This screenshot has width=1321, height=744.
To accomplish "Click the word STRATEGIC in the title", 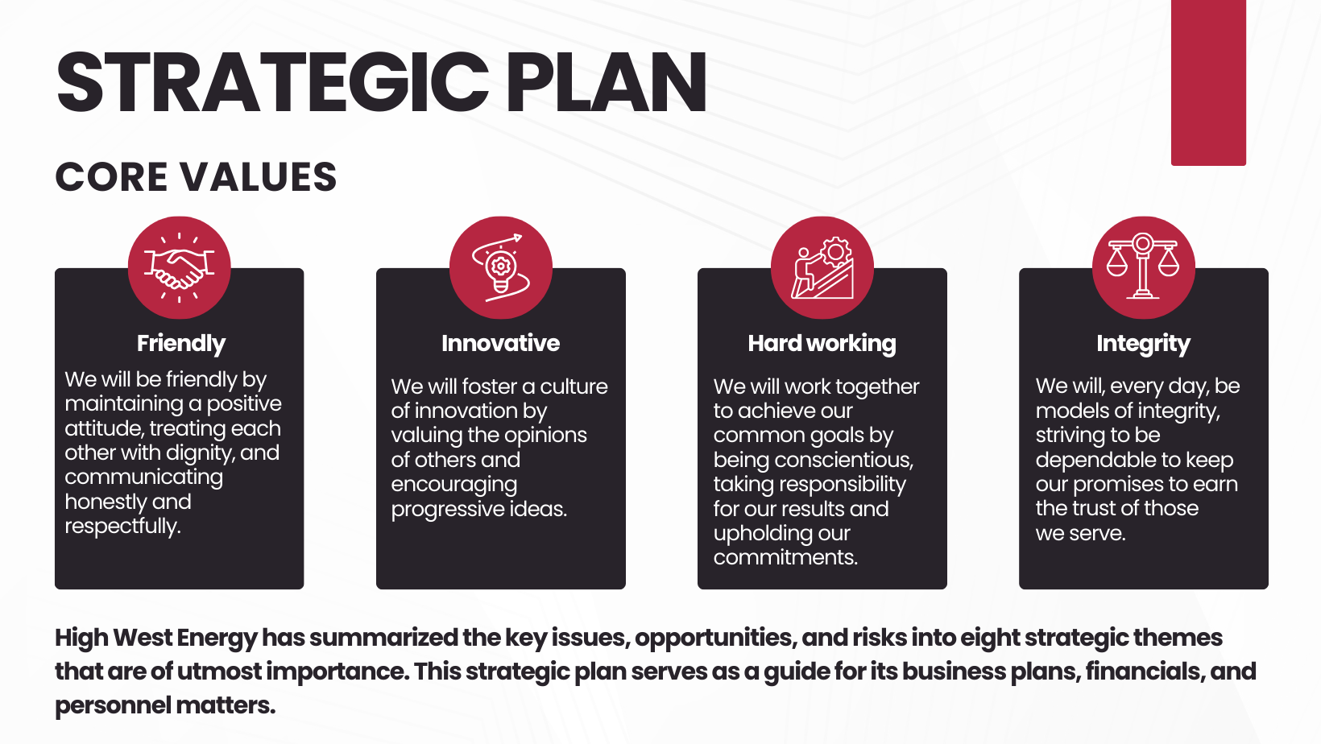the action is click(272, 82).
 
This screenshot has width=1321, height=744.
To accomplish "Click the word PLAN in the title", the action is click(606, 82).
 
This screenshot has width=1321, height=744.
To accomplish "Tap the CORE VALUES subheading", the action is click(196, 177).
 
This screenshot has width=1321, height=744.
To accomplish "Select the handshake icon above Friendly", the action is click(180, 267).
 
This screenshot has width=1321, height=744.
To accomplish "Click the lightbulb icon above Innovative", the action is click(501, 267).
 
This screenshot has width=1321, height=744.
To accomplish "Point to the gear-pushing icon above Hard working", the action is click(822, 267).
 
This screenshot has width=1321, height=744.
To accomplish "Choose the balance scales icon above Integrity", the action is click(1144, 267).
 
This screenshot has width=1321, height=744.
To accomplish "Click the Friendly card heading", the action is click(181, 344).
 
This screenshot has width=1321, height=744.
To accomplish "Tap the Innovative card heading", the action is click(501, 343).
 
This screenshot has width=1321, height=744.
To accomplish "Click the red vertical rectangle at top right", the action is click(1208, 83).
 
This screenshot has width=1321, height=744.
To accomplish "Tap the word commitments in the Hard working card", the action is click(785, 557).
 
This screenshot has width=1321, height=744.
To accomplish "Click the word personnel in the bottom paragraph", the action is click(112, 706).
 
